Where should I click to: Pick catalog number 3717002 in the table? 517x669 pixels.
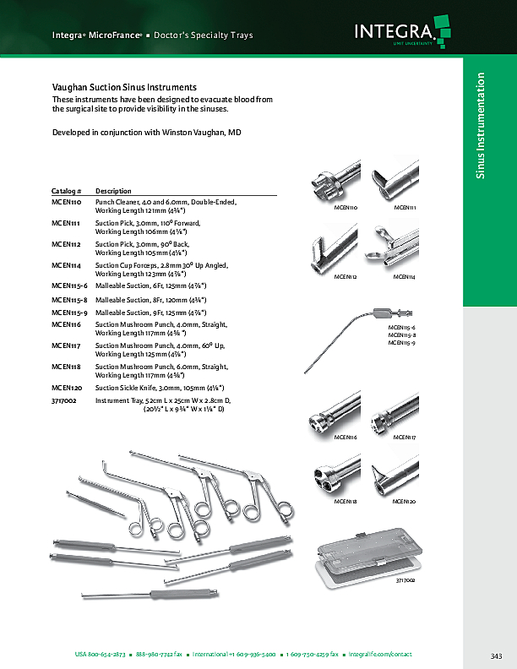[64, 400]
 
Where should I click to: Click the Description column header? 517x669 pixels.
[113, 191]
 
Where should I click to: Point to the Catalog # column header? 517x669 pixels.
[67, 191]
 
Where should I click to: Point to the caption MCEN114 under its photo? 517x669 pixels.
[405, 276]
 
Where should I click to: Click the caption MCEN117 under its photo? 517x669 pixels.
[405, 437]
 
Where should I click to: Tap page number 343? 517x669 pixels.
[496, 656]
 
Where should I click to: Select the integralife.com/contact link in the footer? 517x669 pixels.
[382, 655]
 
